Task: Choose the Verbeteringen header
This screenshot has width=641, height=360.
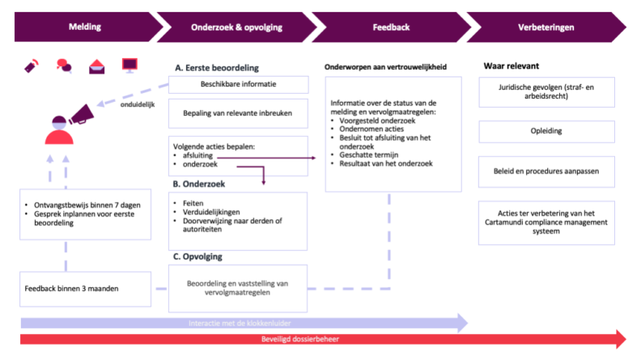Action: [x=545, y=27]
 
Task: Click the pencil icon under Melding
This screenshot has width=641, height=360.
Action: [x=32, y=66]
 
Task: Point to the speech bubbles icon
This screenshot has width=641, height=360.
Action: [x=64, y=66]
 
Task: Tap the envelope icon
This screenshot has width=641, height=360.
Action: [x=96, y=66]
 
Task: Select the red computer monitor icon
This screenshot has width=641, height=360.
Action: [x=129, y=65]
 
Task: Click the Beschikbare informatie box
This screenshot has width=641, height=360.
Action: [x=238, y=84]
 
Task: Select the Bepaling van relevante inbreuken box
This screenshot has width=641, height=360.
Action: [x=238, y=114]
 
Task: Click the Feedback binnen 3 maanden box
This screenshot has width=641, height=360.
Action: [x=85, y=289]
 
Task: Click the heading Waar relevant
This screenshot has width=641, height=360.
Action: [x=512, y=66]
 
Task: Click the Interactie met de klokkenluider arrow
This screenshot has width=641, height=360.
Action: [x=243, y=323]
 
